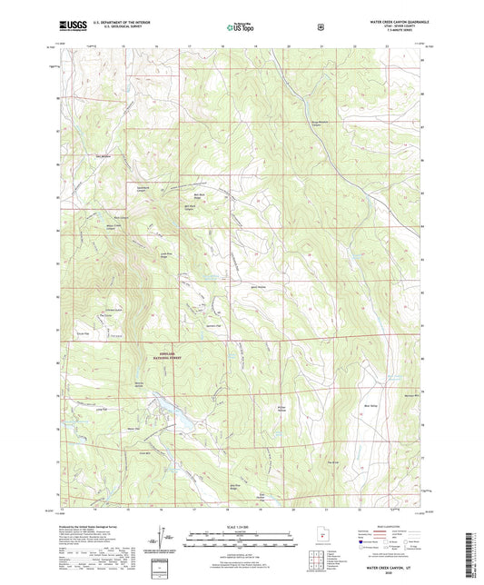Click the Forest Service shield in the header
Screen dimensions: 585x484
pos(320,27)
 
